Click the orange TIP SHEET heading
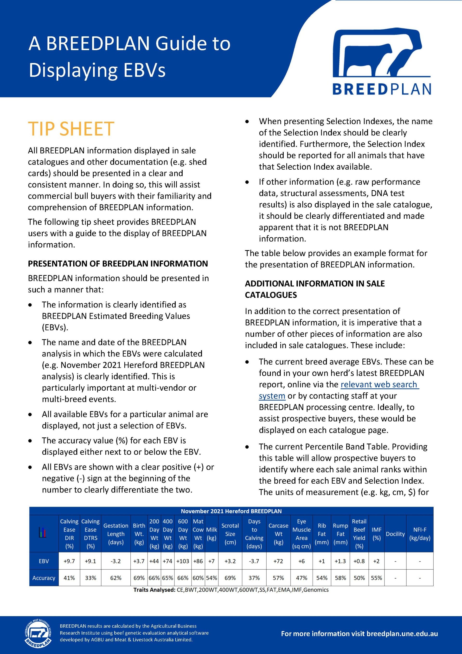coord(71,129)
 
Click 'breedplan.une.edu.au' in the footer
coord(402,634)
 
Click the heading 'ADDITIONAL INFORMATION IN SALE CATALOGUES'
coord(315,289)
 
